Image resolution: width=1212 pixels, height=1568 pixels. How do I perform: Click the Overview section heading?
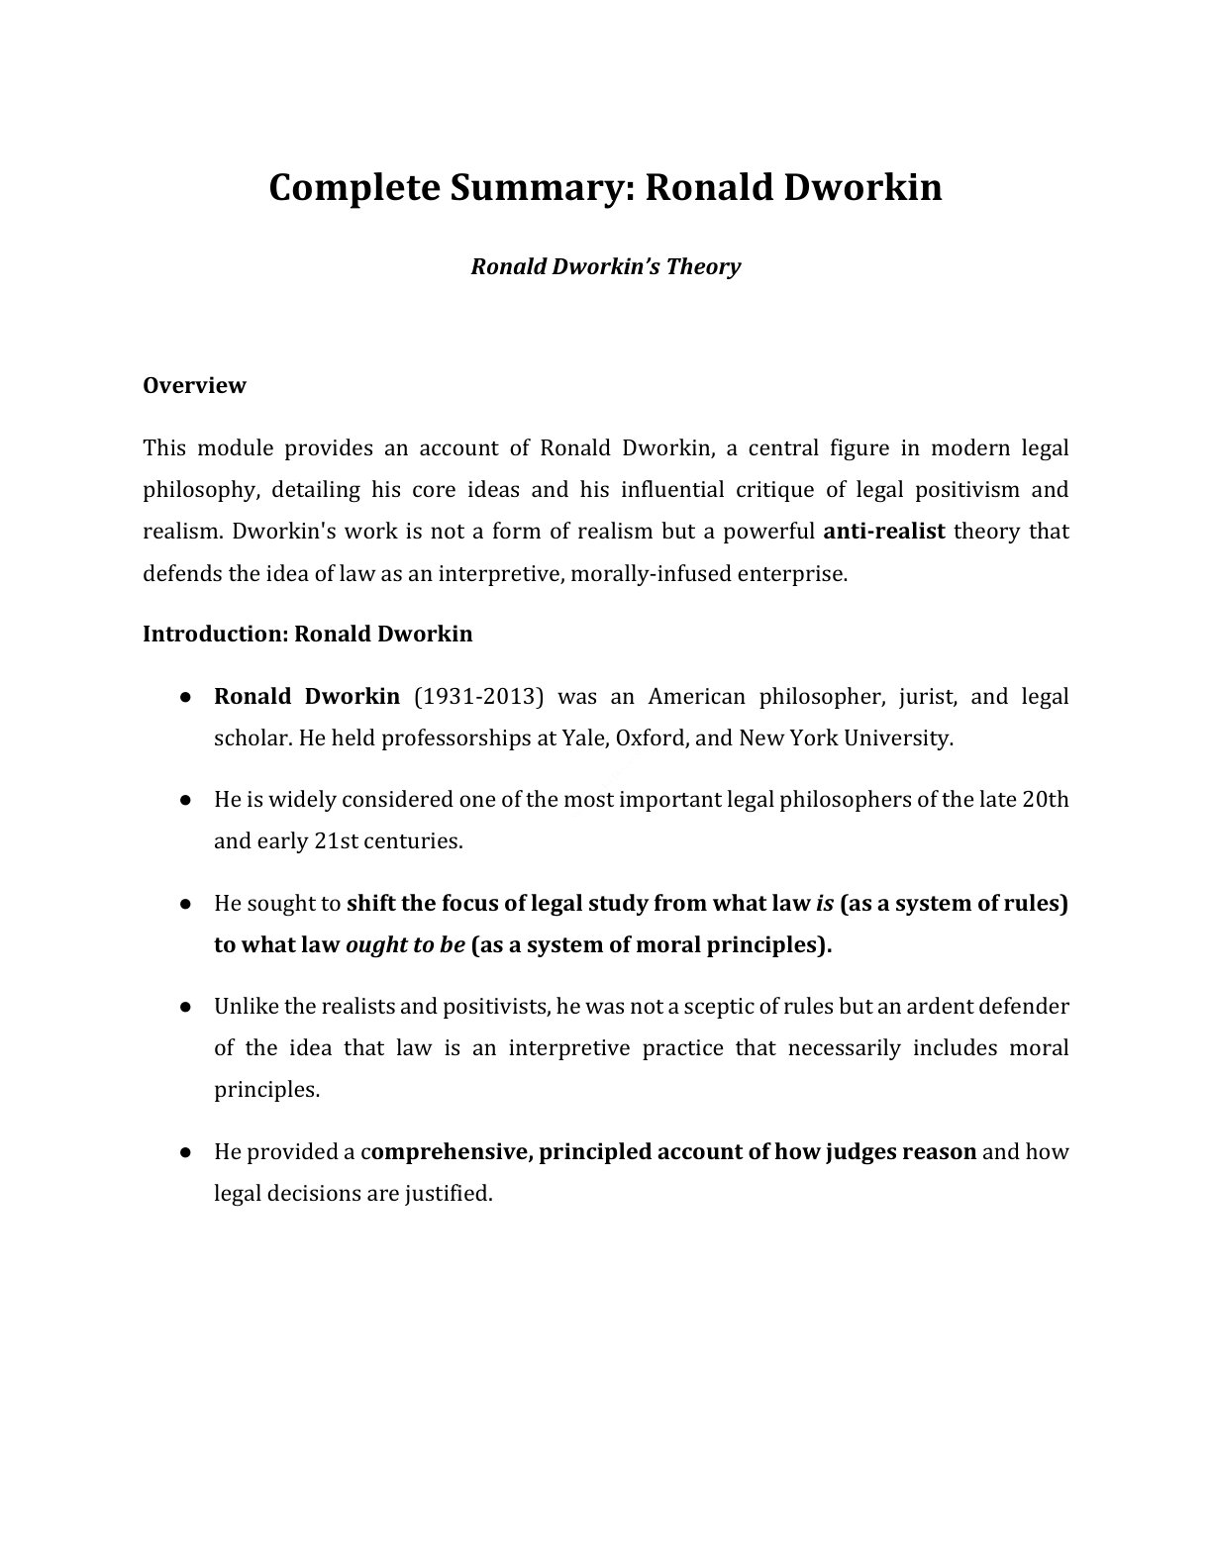click(194, 385)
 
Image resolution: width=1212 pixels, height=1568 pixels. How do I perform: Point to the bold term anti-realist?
click(884, 532)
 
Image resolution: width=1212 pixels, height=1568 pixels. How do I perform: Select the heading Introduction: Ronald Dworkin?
click(307, 634)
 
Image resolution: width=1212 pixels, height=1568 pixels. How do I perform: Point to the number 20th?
click(1045, 800)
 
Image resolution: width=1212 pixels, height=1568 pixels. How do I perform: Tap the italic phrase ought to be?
click(405, 945)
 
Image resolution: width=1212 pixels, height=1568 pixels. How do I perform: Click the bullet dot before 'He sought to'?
click(185, 904)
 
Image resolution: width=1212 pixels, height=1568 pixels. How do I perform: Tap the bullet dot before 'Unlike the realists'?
click(185, 1007)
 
